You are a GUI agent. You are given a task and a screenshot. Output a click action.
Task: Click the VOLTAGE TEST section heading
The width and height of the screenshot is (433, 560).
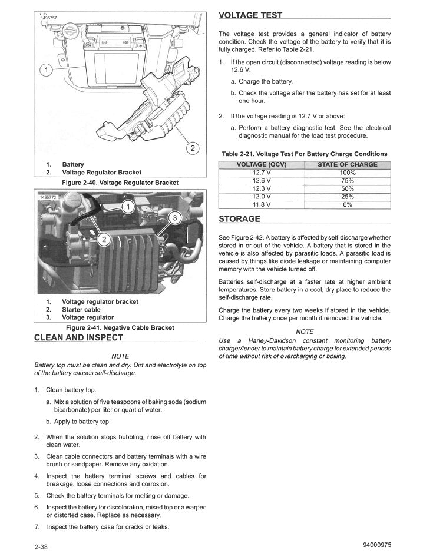250,15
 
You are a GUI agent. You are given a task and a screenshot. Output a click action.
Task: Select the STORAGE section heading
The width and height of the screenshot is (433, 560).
239,219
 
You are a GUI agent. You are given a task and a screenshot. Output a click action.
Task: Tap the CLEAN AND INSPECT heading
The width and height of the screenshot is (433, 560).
79,337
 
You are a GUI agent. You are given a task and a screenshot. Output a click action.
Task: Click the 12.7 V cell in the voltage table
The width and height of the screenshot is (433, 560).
261,173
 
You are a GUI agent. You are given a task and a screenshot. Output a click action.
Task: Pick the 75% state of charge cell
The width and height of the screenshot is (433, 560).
348,181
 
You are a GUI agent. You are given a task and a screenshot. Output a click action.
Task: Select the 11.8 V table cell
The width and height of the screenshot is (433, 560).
261,205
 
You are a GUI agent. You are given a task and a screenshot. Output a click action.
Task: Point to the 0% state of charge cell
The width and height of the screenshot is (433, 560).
348,205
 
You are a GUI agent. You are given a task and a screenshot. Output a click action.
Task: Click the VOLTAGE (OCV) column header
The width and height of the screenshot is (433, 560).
261,164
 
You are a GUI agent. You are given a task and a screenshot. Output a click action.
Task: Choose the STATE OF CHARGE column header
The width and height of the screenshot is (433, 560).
348,164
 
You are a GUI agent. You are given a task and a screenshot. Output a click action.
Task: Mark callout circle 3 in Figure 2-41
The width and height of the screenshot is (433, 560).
174,218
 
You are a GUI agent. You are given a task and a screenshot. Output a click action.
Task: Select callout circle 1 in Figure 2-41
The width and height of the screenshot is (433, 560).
128,207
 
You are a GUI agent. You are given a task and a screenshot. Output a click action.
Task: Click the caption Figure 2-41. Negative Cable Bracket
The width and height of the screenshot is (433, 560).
120,327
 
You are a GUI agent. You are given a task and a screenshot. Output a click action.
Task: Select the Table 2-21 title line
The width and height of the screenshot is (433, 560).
305,154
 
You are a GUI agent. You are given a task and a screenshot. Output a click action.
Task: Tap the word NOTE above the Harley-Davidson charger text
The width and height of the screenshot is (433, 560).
305,332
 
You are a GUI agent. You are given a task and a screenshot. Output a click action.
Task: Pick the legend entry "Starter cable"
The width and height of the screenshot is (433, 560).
81,310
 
